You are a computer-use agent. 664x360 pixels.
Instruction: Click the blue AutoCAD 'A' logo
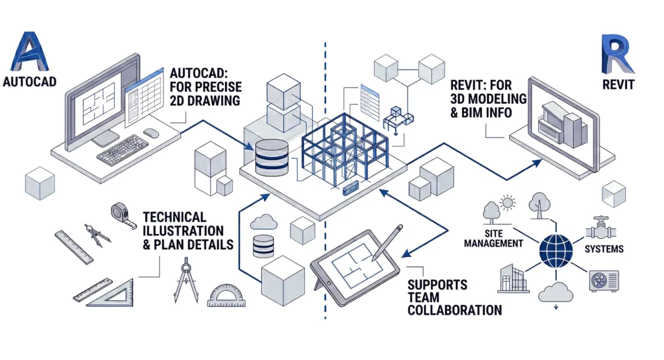[30, 53]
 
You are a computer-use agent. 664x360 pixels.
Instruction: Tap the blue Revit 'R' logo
[617, 55]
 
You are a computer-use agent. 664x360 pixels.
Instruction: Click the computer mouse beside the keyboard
[152, 132]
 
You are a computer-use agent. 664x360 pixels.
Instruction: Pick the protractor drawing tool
[226, 296]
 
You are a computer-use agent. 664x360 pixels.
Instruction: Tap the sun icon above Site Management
[506, 204]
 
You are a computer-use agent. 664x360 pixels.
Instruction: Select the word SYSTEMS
[604, 249]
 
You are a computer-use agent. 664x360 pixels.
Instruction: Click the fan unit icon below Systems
[602, 281]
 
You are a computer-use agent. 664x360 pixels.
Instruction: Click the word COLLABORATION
[454, 310]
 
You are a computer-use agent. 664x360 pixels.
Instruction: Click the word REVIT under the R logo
[617, 84]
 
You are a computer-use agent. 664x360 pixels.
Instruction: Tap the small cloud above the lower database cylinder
[263, 221]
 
